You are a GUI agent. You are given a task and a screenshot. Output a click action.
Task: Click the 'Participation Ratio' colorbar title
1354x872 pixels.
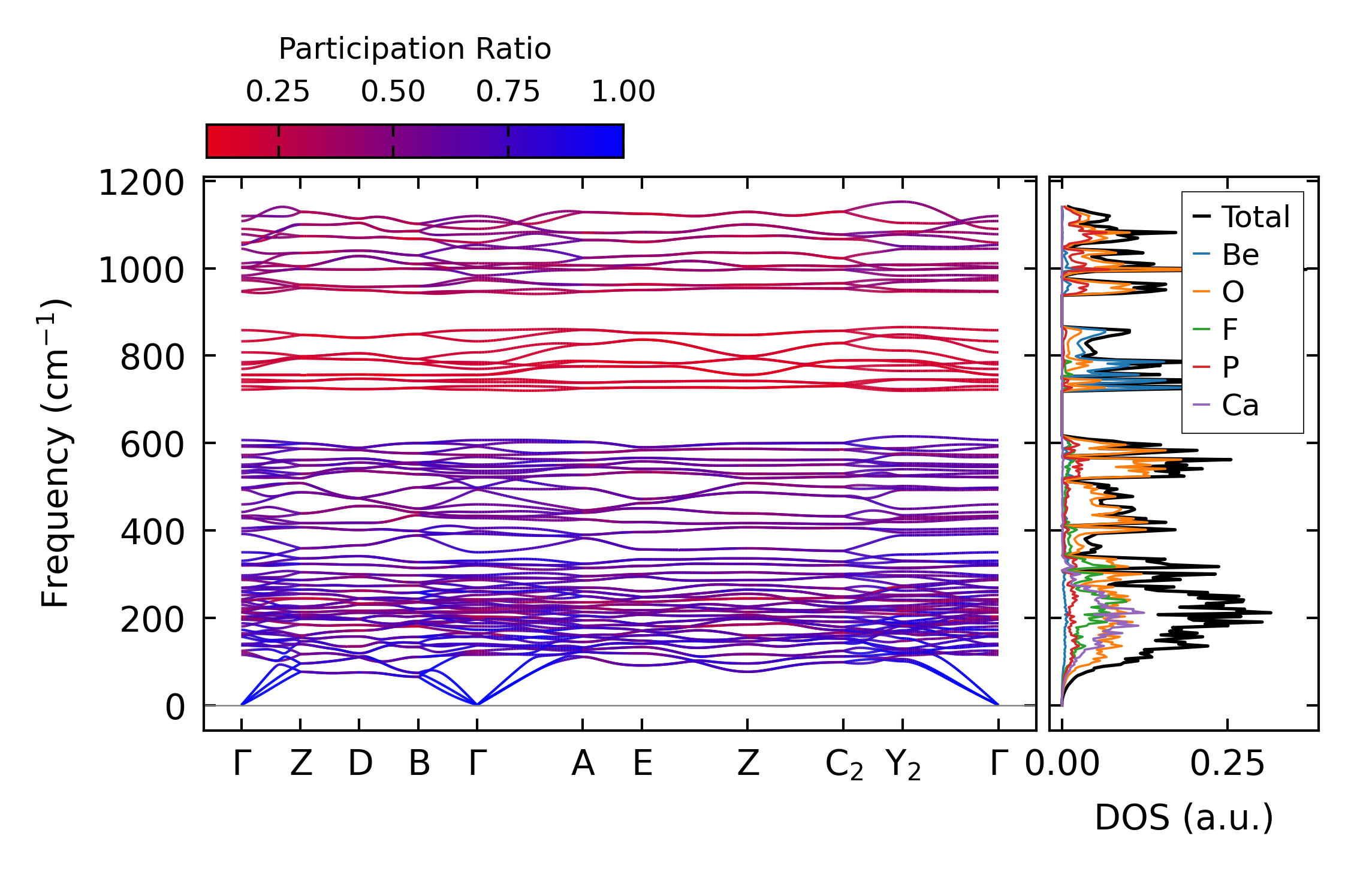tap(414, 49)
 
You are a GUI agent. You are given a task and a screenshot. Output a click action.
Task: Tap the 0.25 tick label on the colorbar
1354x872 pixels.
tap(278, 92)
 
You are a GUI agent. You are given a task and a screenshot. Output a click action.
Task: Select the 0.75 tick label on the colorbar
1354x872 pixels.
tap(508, 92)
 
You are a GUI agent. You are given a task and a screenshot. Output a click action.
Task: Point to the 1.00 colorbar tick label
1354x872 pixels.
tap(623, 92)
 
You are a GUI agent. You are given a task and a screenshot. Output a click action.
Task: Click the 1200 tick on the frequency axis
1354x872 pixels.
tap(141, 183)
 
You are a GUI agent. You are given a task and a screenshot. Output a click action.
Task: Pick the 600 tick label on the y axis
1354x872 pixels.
tap(152, 445)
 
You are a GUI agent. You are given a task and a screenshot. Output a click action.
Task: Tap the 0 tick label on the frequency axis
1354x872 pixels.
tap(175, 707)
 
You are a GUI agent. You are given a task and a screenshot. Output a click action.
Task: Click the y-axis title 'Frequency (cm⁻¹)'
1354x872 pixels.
tap(55, 453)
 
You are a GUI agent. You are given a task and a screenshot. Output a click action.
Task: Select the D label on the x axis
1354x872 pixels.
tap(360, 764)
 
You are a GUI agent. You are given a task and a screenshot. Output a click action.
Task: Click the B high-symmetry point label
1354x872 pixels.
tap(419, 764)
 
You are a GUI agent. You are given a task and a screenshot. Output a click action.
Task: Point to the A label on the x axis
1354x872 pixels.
tap(583, 764)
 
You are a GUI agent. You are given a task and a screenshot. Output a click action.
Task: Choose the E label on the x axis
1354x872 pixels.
tap(643, 764)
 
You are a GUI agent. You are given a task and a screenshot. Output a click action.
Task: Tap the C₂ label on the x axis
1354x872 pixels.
tap(844, 765)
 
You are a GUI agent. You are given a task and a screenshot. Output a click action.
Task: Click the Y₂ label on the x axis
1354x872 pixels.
tap(903, 765)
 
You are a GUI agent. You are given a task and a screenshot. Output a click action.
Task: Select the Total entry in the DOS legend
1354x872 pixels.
tap(1255, 217)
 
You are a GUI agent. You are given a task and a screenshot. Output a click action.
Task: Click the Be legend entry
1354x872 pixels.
tap(1240, 255)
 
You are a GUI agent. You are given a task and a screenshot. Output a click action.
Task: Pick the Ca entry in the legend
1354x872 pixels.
tap(1240, 406)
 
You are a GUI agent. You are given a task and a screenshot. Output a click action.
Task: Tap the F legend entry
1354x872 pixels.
tap(1230, 330)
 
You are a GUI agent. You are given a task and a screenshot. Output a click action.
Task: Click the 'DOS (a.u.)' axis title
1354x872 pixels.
tap(1184, 817)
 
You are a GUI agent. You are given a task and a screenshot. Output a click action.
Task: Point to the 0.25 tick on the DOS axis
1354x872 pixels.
tap(1227, 764)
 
